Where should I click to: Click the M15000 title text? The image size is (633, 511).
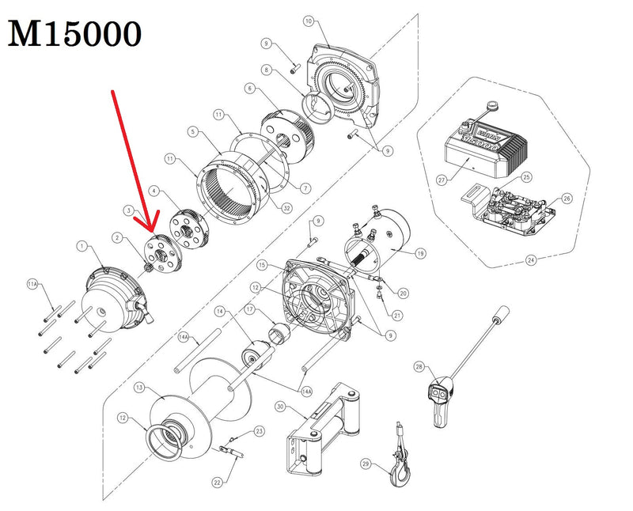click(x=76, y=33)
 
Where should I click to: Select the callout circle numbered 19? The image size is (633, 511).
click(x=420, y=254)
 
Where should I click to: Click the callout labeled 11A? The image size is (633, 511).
click(x=32, y=282)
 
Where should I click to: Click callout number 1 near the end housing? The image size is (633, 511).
click(x=81, y=247)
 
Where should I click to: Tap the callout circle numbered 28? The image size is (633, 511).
click(x=420, y=367)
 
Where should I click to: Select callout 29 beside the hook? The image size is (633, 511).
click(x=365, y=463)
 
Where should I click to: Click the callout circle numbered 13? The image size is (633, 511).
click(x=138, y=388)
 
